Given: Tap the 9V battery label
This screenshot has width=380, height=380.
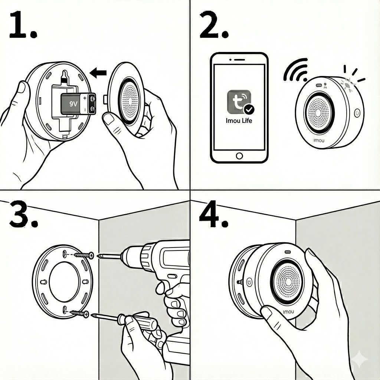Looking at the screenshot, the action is coord(73,104).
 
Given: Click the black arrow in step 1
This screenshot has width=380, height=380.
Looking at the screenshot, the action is coord(98,73).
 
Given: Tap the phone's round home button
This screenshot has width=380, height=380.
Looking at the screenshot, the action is coord(239,155).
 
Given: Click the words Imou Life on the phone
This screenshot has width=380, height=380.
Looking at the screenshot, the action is coord(239,121).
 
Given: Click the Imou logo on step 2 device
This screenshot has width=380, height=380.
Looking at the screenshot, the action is coord(319,141).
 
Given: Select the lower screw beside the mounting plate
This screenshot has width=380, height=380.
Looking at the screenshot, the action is coord(80,314).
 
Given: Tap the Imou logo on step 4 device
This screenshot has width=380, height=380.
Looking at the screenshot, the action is coord(288,312).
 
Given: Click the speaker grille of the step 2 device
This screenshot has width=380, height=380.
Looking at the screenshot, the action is coord(319,113).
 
